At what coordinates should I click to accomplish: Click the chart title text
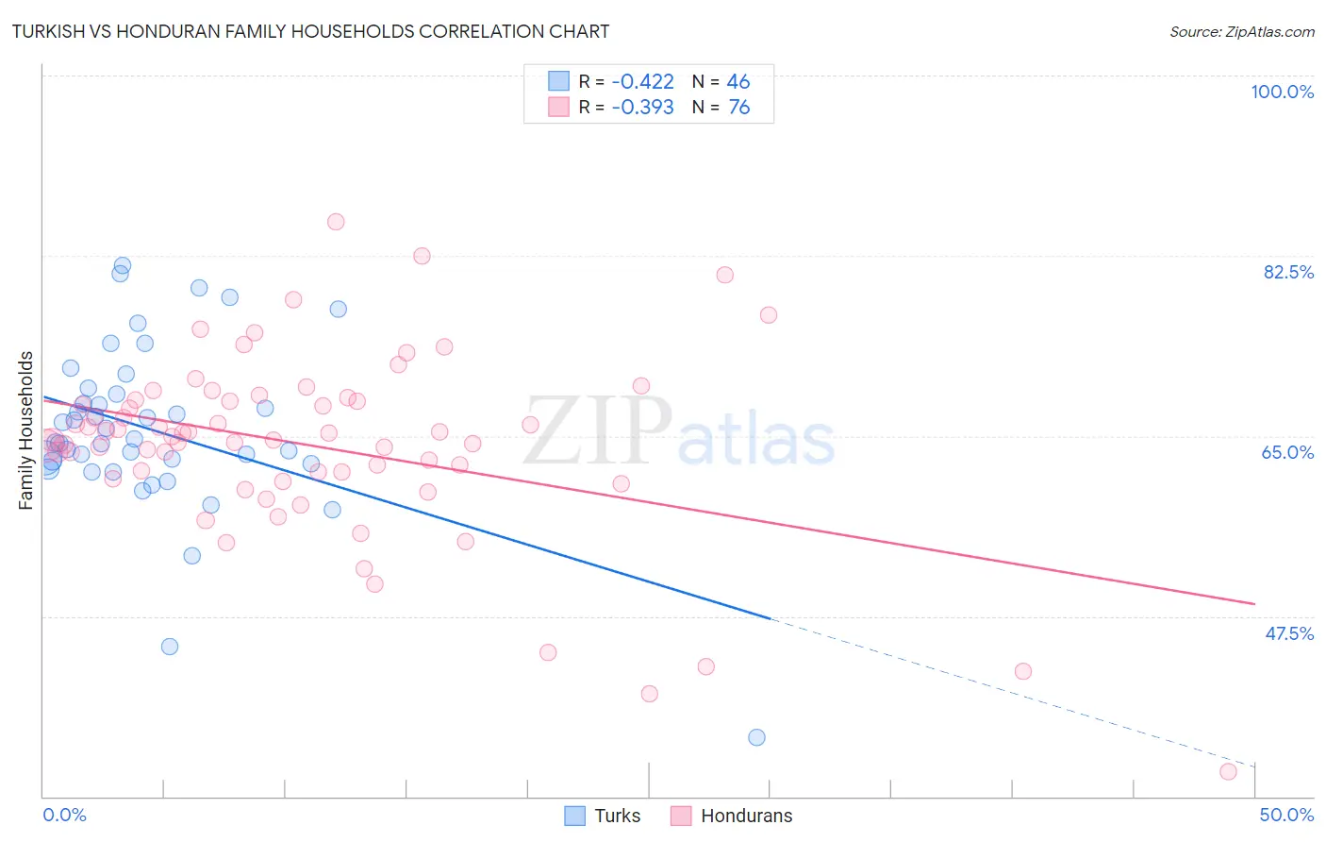tap(310, 31)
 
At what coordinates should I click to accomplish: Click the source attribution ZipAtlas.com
tap(1241, 31)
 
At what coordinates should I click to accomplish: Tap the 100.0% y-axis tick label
tap(1282, 92)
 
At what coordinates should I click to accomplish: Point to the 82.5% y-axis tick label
tap(1287, 272)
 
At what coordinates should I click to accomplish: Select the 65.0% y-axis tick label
tap(1287, 452)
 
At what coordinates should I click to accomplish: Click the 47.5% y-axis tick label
tap(1288, 633)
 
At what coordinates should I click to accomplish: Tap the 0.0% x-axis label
tap(64, 815)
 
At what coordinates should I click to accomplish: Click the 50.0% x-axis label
tap(1286, 815)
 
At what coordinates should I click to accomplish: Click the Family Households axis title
tap(26, 430)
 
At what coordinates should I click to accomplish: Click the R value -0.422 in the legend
tap(642, 81)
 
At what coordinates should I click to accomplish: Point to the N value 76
tap(739, 107)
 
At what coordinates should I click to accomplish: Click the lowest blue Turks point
tap(756, 737)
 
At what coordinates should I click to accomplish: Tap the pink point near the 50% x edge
tap(1228, 771)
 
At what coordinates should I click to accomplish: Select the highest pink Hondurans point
tap(336, 222)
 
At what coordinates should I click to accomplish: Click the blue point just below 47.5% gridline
tap(170, 647)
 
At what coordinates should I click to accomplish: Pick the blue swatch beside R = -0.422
tap(559, 81)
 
